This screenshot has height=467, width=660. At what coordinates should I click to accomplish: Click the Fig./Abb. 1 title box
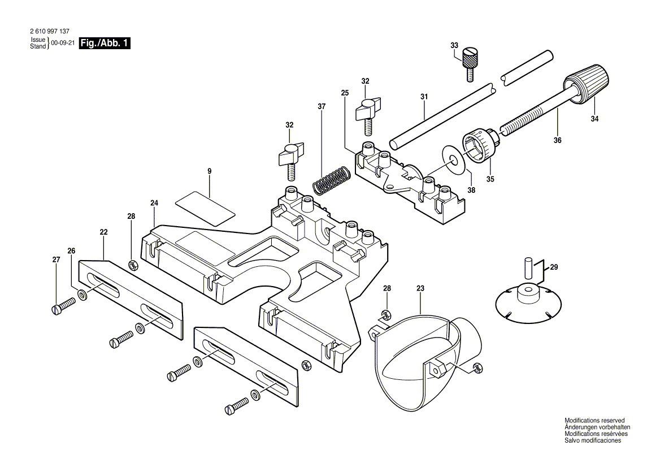(x=105, y=44)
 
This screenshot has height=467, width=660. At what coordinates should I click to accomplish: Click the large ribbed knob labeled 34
(x=588, y=85)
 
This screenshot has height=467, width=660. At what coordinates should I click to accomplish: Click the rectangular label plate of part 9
(x=205, y=207)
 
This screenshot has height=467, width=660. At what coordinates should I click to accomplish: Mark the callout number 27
(x=56, y=260)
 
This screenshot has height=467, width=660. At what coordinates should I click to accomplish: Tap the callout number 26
(x=71, y=251)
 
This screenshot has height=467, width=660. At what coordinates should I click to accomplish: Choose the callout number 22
(x=103, y=232)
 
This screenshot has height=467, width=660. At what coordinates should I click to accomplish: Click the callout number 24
(x=154, y=203)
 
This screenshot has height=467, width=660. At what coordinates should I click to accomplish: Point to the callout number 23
(x=420, y=288)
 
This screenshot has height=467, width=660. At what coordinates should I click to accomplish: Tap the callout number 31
(x=424, y=97)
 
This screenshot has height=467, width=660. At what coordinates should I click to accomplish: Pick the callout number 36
(x=557, y=141)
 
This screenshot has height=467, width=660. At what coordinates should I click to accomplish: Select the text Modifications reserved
(x=594, y=421)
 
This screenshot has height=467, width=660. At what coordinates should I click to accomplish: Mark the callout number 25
(x=345, y=93)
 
